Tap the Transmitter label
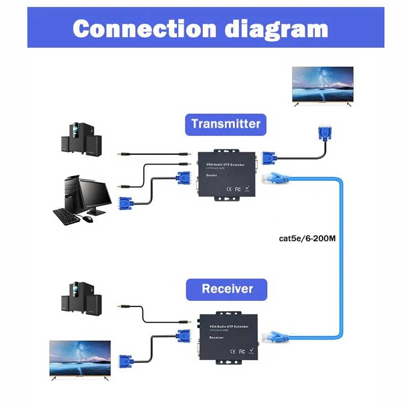[226, 124]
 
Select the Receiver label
[227, 289]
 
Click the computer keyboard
[66, 215]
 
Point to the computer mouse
[88, 219]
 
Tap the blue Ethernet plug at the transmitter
[275, 179]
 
